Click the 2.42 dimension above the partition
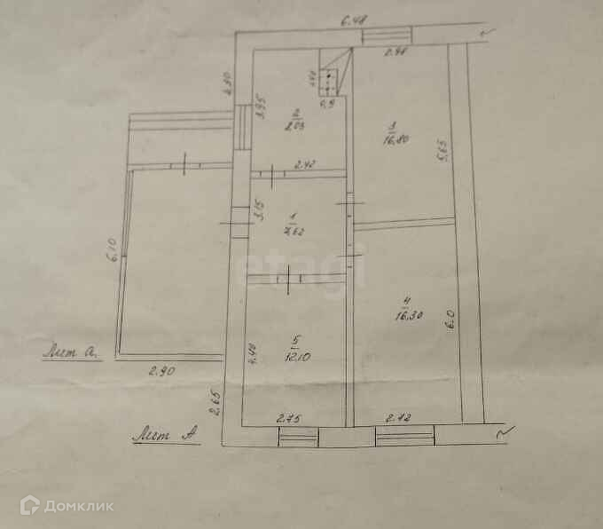point(304,163)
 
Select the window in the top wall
point(386,36)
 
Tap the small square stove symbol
point(330,81)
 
